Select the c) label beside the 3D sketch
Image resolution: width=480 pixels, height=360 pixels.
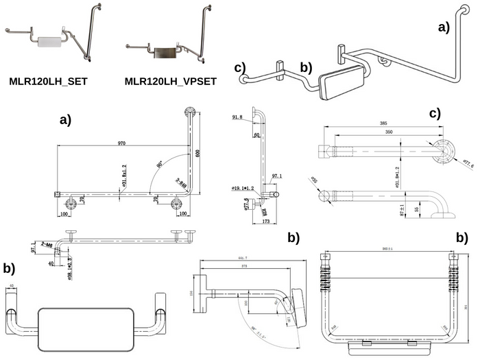coord(240,67)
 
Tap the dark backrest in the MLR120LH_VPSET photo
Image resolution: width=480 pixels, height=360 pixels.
coord(164,52)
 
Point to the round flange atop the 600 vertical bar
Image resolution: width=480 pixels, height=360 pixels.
coord(189,114)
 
